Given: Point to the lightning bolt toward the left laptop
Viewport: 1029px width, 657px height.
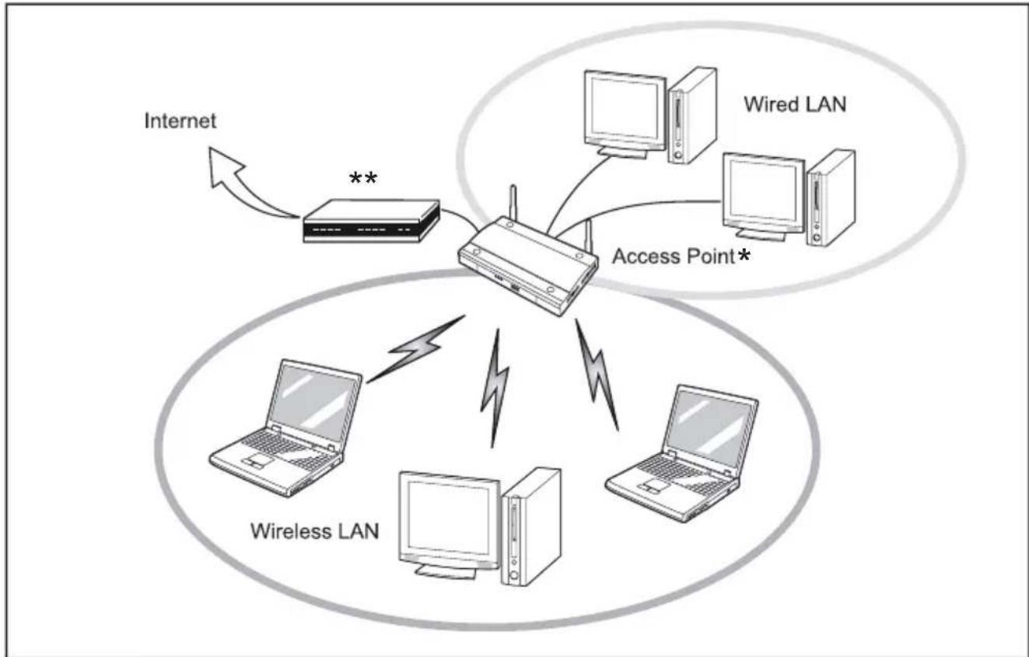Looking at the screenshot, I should [415, 350].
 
